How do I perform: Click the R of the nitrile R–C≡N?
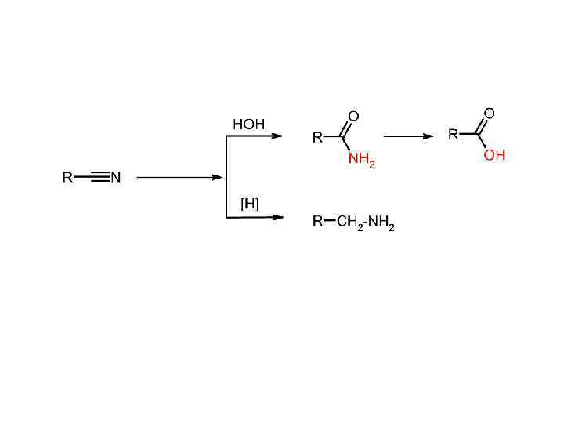pos(67,178)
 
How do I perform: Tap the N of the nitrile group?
pos(116,178)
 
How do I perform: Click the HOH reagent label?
pos(248,124)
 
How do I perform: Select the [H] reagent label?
pos(249,204)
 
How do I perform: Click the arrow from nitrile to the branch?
pos(180,178)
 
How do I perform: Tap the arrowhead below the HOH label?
pos(277,136)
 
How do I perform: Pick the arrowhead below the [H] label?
pos(277,218)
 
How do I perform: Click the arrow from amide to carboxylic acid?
pos(408,136)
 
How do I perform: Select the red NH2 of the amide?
pos(361,161)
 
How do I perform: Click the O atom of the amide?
pos(353,117)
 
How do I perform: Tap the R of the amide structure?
pos(317,138)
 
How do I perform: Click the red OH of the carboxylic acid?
pos(494,156)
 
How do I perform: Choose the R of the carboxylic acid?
pos(453,135)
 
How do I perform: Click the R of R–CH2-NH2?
pos(317,222)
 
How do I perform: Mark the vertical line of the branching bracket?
pos(226,177)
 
